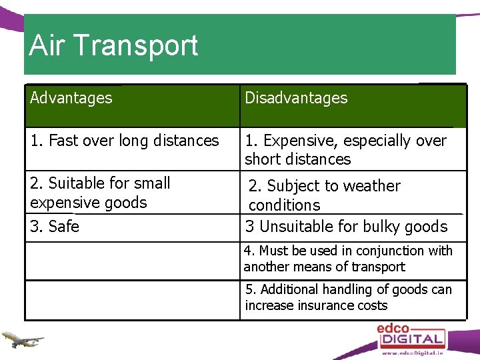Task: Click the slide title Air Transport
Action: [x=114, y=45]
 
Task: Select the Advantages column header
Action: [x=71, y=98]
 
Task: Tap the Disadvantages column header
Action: [x=296, y=98]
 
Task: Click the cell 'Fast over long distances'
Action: [x=125, y=141]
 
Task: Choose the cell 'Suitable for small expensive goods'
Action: [x=100, y=193]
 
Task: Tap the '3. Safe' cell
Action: [x=55, y=227]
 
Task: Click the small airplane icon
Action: [x=22, y=339]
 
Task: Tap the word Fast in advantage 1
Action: [x=63, y=141]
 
